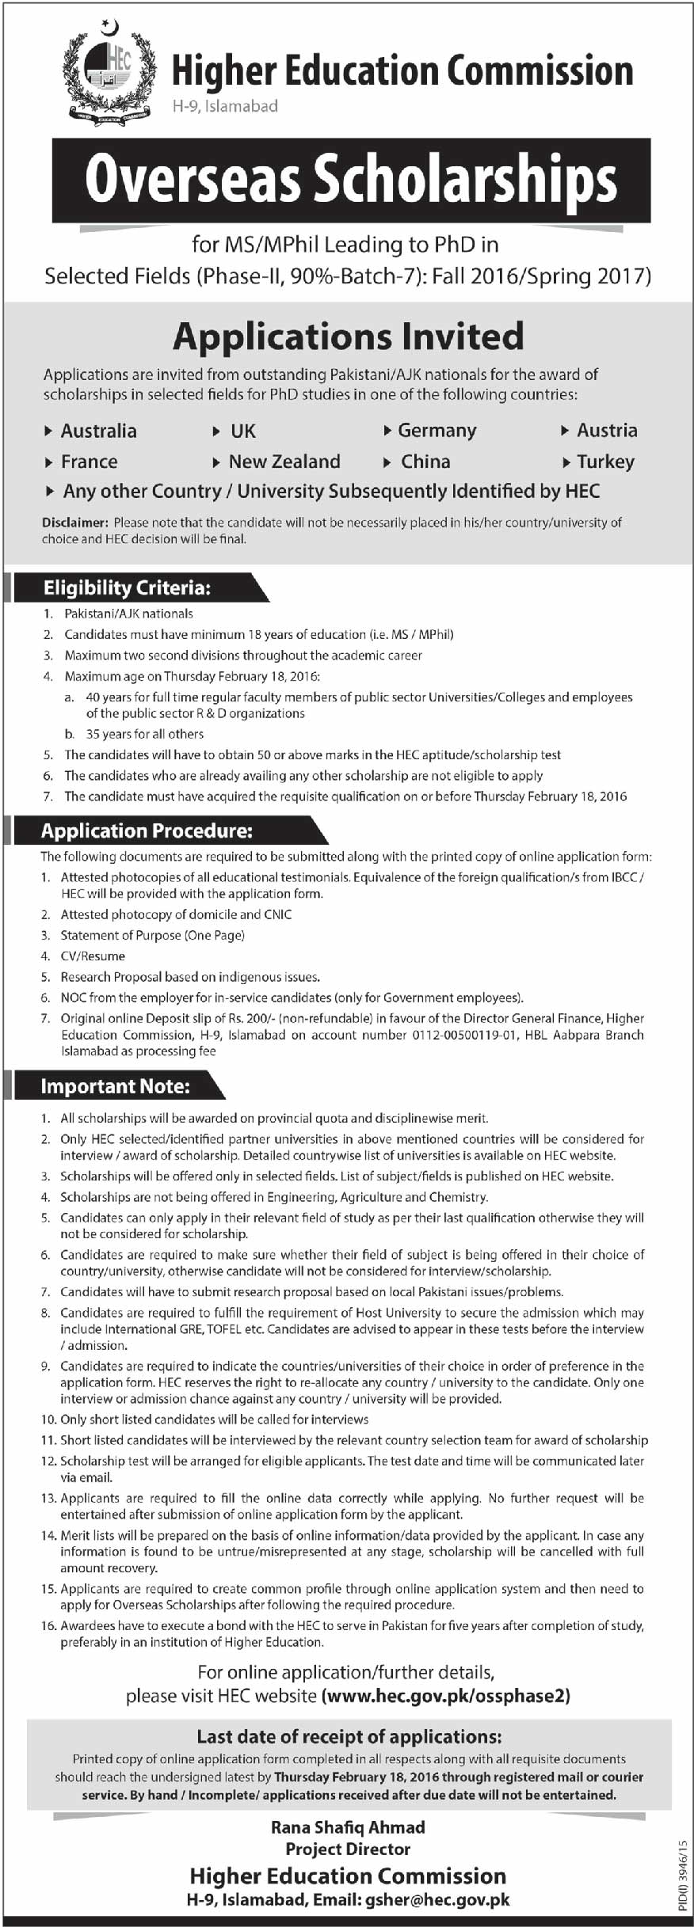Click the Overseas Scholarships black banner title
tap(351, 180)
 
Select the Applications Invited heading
tap(349, 336)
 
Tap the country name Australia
tap(98, 431)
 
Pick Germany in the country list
tap(437, 431)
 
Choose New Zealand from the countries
tap(284, 462)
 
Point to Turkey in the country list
tap(605, 462)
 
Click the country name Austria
tap(607, 431)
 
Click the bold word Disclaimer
tap(74, 523)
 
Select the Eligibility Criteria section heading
tap(127, 587)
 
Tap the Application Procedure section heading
tap(147, 830)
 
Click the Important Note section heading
tap(115, 1086)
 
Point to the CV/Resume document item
tap(93, 956)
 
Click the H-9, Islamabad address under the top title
tap(225, 105)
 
